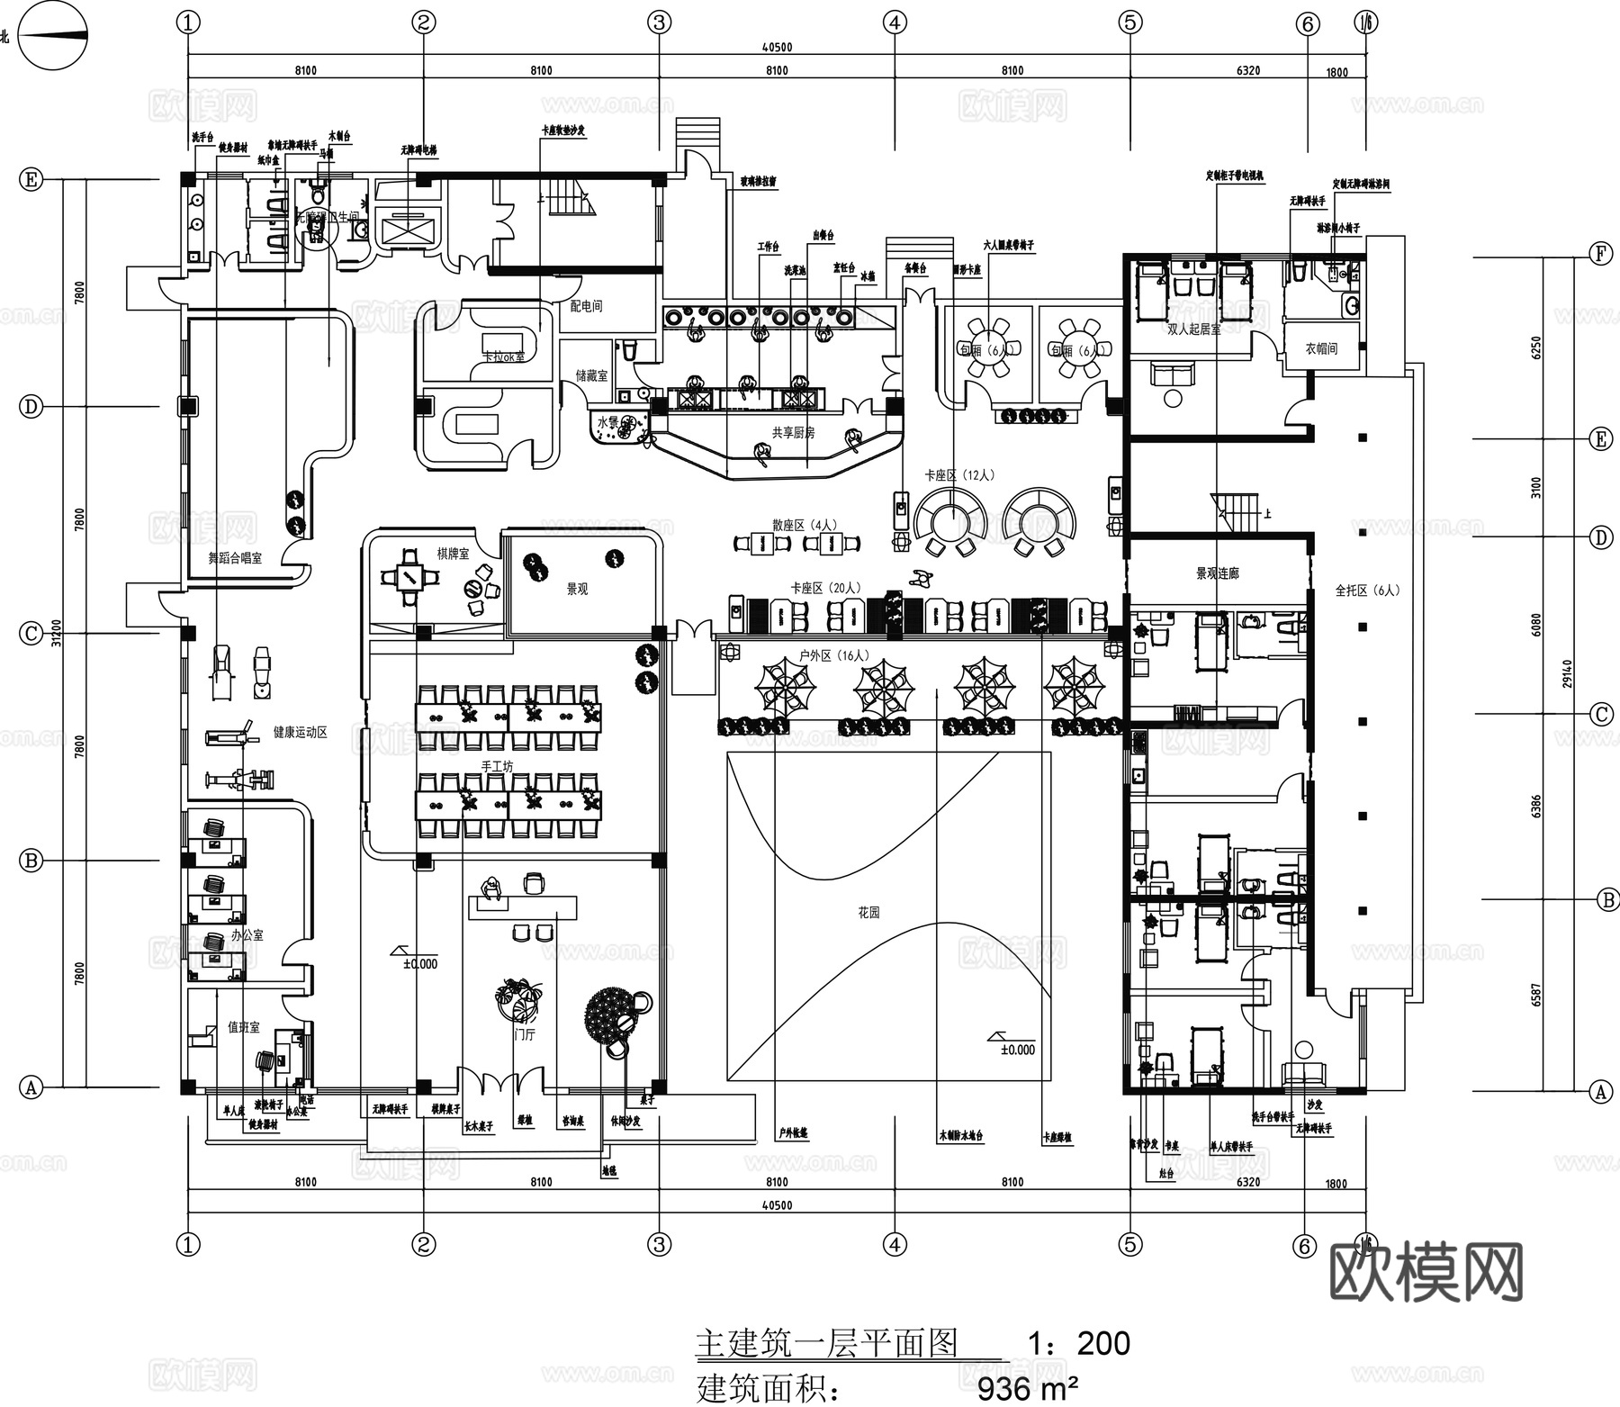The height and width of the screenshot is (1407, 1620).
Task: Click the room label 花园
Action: click(868, 912)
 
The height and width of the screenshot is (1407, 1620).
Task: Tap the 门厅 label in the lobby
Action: click(524, 1035)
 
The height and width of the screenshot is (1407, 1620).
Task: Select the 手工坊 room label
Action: click(496, 766)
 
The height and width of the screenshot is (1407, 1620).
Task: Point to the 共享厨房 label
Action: click(793, 433)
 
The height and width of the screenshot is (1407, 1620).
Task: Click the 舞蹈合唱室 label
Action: click(235, 558)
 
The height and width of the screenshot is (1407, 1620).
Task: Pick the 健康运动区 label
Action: click(300, 733)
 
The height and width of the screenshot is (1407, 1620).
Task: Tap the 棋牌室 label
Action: click(453, 554)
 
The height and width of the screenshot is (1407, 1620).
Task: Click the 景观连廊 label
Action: click(1217, 573)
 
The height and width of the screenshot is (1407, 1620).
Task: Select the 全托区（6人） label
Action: click(1367, 591)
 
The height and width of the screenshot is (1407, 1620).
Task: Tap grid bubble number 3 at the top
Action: click(659, 23)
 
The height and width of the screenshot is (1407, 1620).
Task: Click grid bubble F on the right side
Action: click(1599, 254)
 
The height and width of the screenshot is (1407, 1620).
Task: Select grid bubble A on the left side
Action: click(31, 1087)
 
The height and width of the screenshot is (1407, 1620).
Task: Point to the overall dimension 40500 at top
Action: click(776, 48)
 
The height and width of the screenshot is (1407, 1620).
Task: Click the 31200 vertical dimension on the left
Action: click(57, 633)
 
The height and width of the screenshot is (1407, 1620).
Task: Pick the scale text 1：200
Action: click(1078, 1343)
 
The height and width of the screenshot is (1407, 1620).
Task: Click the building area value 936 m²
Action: click(1027, 1389)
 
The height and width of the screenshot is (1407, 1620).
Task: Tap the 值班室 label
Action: click(243, 1027)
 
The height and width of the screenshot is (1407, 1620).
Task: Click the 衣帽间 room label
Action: click(1320, 348)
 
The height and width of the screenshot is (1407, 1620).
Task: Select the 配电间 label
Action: click(586, 306)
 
